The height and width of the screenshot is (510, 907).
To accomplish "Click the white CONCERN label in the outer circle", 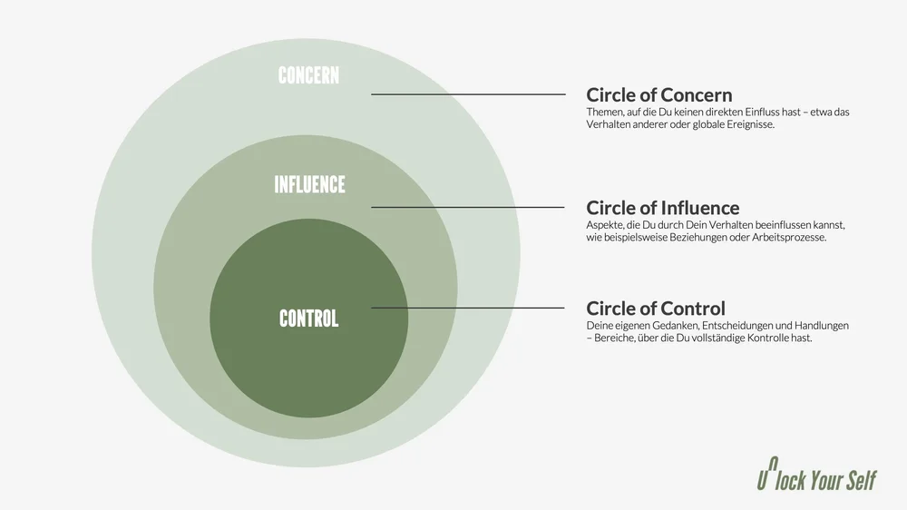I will click(x=308, y=75).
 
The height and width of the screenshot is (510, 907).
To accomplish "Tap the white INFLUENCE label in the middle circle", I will click(x=309, y=185).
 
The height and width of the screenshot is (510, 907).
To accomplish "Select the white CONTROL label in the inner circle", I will click(x=308, y=319).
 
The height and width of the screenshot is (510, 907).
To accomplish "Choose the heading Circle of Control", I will click(x=655, y=308).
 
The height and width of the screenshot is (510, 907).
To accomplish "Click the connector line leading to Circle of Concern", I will click(x=467, y=94).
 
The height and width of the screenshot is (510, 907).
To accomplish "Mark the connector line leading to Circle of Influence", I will click(x=467, y=207).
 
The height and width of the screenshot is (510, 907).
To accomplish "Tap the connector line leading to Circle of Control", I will click(x=467, y=308).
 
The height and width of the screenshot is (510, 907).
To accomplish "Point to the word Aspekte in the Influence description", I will click(x=605, y=224).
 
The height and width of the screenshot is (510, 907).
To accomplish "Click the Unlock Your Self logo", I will click(x=815, y=479).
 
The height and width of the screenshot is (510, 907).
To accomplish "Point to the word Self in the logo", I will click(x=859, y=480).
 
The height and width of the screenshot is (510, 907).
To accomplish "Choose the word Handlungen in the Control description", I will click(x=820, y=325).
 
